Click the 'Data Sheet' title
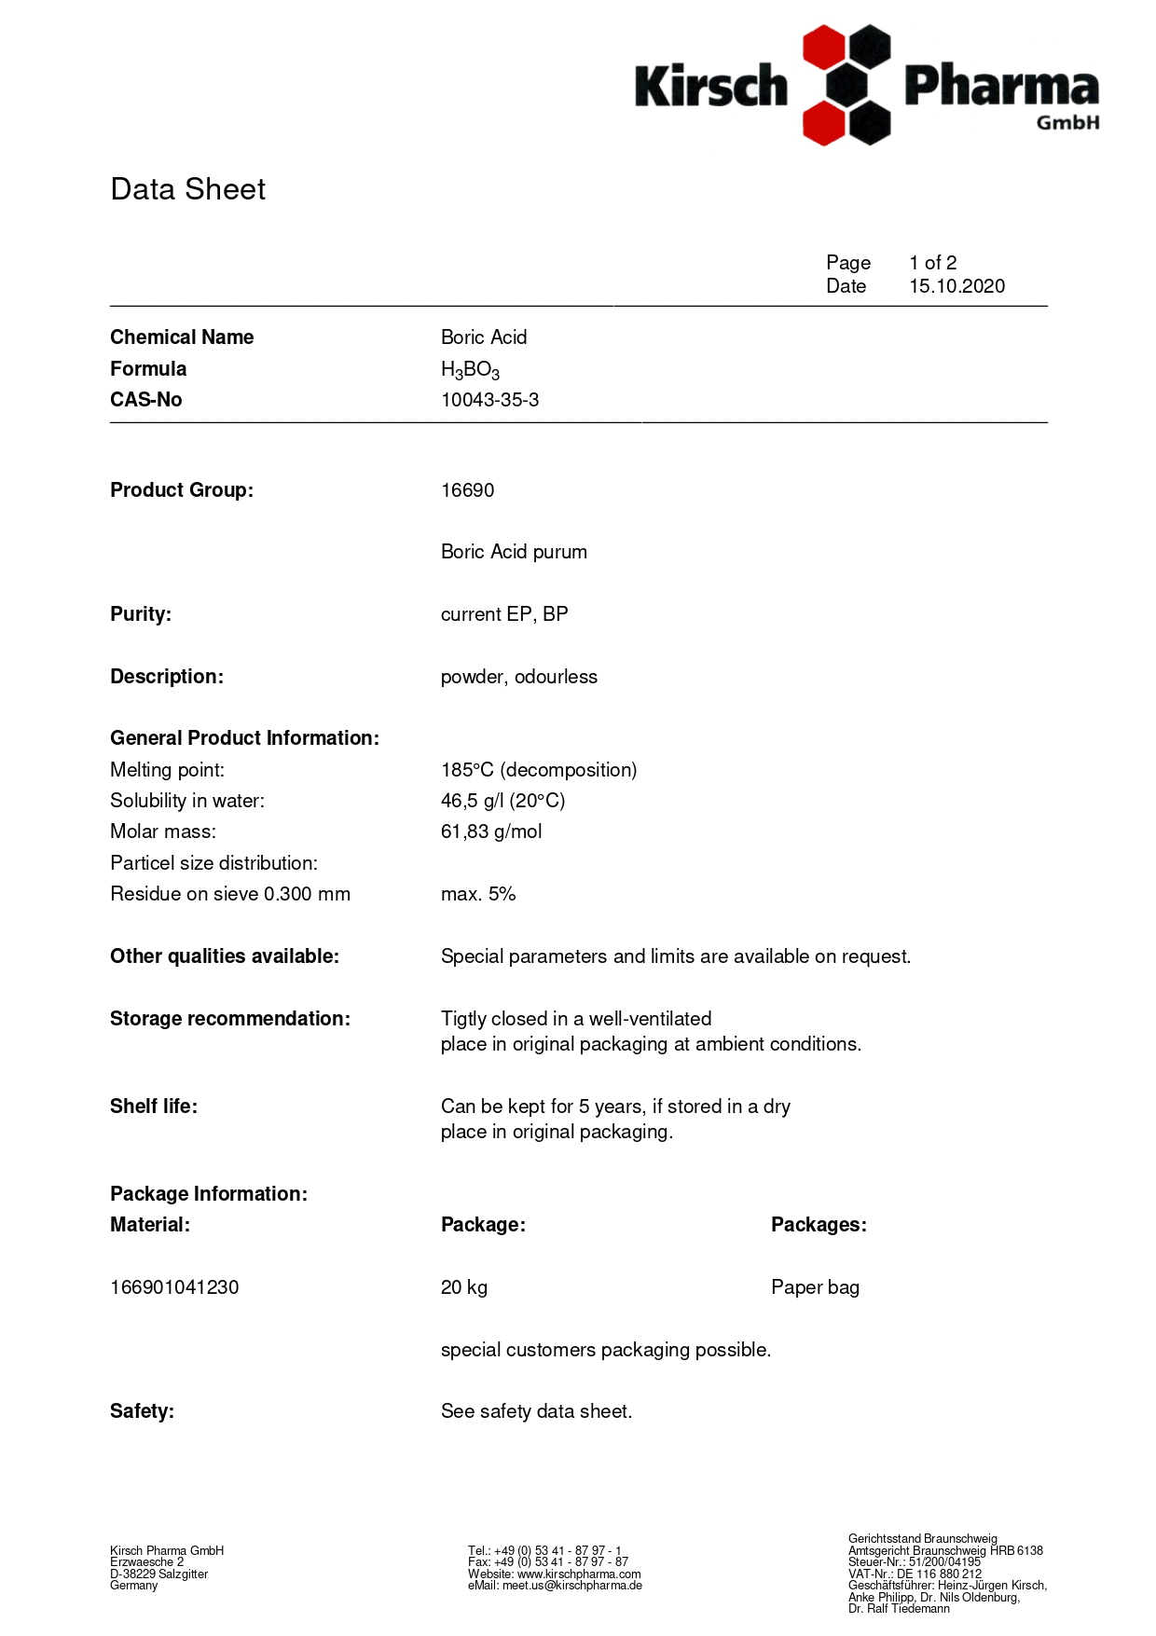point(187,189)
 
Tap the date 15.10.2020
point(956,286)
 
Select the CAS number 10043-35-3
point(489,400)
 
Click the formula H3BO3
point(470,370)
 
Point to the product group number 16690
point(467,490)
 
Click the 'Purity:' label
point(141,614)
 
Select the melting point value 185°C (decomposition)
point(539,770)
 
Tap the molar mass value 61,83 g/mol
point(491,832)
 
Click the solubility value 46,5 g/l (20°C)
point(502,801)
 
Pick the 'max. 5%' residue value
point(478,894)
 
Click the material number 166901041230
point(174,1287)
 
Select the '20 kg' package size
point(464,1287)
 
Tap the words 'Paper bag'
point(815,1287)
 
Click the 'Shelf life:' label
point(154,1107)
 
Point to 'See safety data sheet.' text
point(536,1411)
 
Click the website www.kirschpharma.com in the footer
point(579,1574)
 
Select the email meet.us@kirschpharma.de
point(571,1586)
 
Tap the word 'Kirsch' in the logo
point(711,87)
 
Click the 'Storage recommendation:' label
point(230,1019)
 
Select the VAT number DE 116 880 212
point(939,1574)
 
